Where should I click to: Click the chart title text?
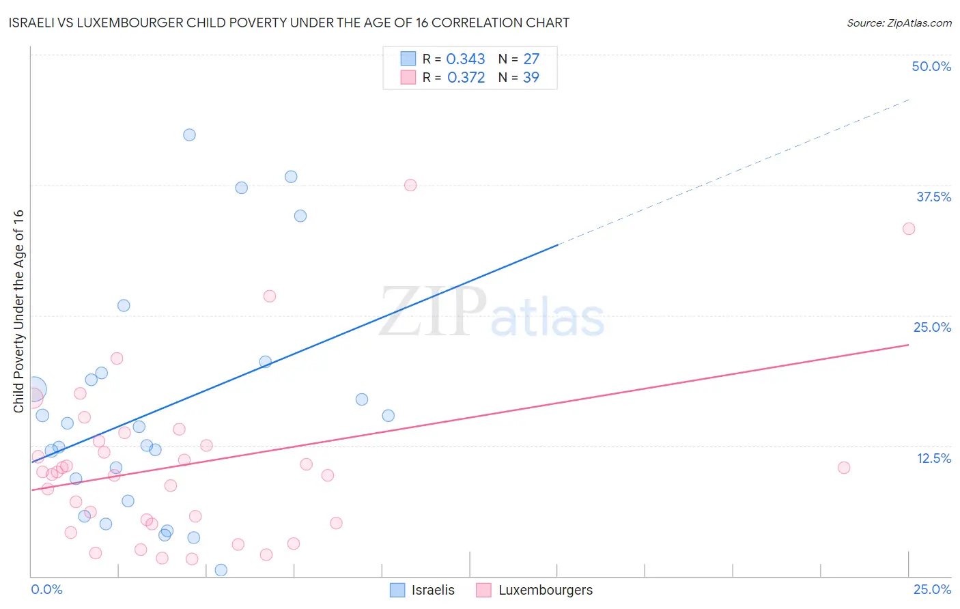pos(289,23)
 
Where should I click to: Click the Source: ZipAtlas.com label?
pos(899,23)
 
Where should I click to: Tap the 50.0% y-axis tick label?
pos(931,66)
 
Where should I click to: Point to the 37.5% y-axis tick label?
pos(933,197)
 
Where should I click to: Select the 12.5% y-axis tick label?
pos(933,458)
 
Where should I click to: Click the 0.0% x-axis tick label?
pos(46,589)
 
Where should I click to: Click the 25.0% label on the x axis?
pos(932,589)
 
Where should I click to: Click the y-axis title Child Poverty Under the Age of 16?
pos(19,311)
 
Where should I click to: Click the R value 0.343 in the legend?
pos(466,59)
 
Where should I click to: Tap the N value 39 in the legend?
pos(531,78)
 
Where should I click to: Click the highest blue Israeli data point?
pos(189,134)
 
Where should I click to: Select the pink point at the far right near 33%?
pos(909,229)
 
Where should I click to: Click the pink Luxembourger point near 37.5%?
pos(410,185)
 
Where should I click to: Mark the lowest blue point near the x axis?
pos(221,570)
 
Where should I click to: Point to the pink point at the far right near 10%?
pos(844,468)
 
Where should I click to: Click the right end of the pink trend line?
pos(908,345)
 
